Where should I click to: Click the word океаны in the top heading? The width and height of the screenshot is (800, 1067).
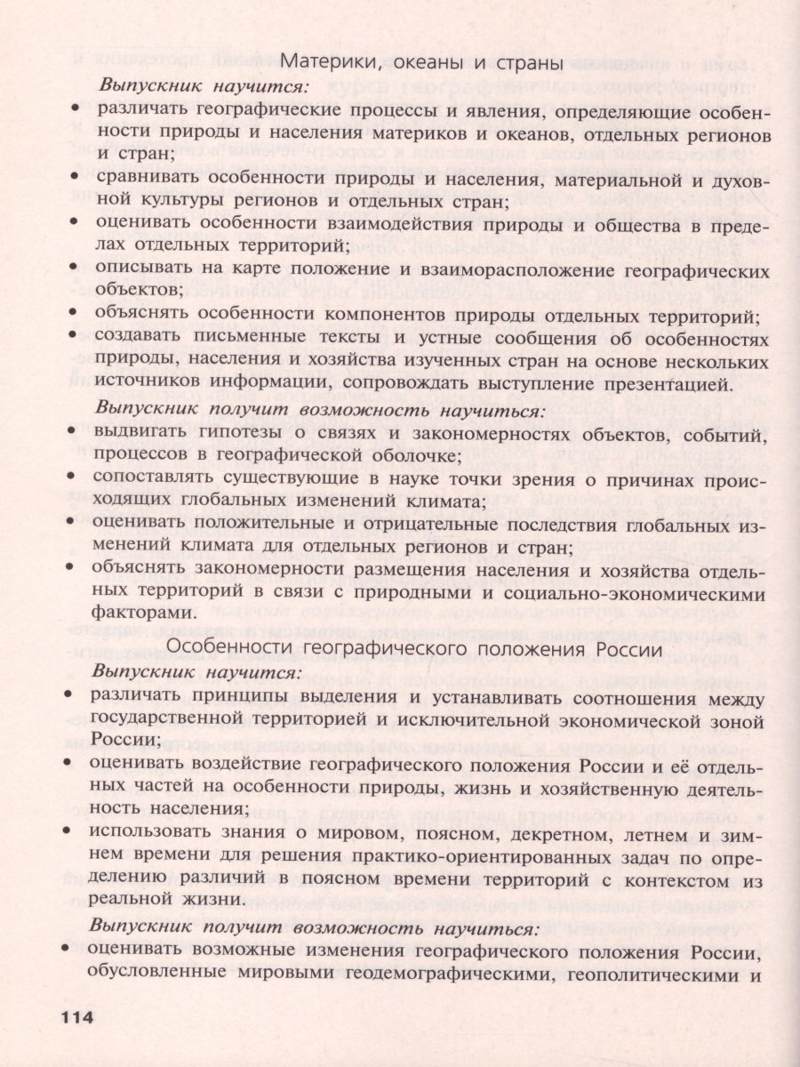coord(388,63)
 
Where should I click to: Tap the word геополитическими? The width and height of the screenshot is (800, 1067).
coord(652,975)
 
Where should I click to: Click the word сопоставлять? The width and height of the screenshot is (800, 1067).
coord(148,479)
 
